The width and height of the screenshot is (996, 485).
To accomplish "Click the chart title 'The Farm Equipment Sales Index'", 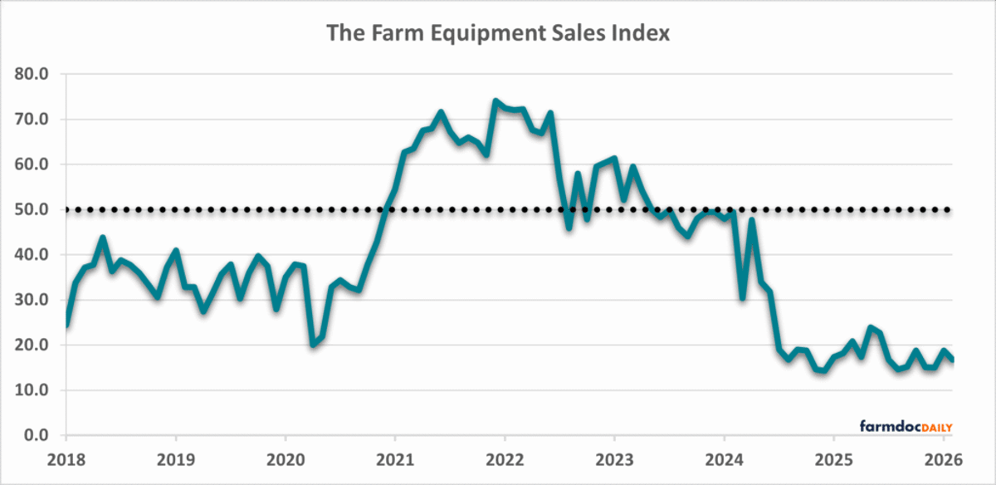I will pos(498,33).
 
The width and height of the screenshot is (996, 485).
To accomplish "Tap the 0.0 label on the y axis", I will pos(37,435).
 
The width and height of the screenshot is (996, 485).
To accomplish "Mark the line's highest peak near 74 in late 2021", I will pos(496,101).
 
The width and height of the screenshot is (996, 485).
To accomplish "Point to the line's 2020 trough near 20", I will pos(313,344).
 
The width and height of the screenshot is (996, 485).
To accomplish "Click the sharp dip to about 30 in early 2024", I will pos(742,298).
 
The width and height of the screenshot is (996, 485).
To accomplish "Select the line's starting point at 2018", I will pos(66,324).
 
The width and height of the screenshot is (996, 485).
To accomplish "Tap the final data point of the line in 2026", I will pos(952,360).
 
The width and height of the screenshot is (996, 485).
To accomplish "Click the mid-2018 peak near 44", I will pos(103,238).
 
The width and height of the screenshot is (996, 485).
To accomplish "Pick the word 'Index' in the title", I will pos(641,33).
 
